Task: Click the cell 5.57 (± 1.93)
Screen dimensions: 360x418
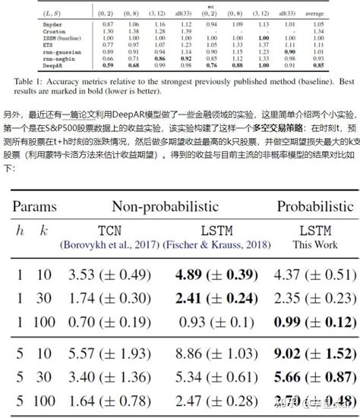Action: click(x=98, y=353)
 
